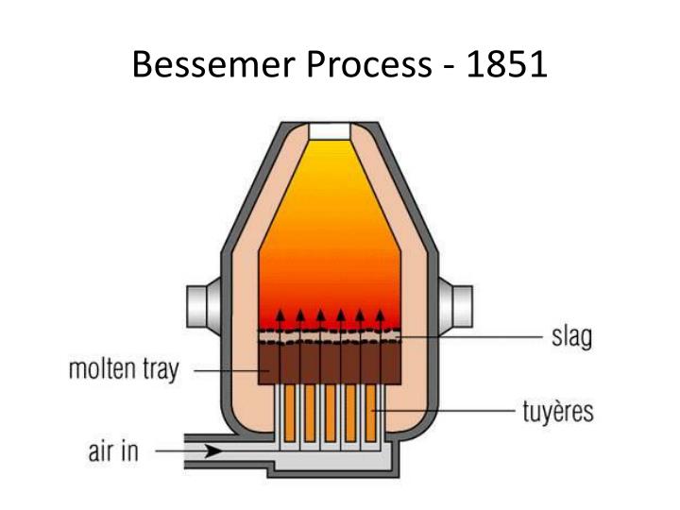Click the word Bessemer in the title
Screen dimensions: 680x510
[213, 64]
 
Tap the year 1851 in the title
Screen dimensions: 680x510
[507, 64]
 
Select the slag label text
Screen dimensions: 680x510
[571, 336]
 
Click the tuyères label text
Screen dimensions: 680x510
[558, 411]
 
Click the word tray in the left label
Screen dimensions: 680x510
[161, 370]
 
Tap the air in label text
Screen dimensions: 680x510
[113, 450]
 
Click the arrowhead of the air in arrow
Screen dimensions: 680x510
[213, 451]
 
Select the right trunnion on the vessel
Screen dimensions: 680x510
[455, 306]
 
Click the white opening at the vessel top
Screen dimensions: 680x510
[330, 131]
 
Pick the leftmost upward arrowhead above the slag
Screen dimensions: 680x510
[280, 314]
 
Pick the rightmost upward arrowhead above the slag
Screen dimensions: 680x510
[381, 314]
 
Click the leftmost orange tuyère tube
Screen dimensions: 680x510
[289, 413]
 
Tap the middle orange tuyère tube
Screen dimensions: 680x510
[330, 413]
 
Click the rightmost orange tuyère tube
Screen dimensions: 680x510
[371, 413]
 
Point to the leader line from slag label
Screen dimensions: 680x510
[469, 336]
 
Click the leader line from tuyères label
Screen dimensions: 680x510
[443, 410]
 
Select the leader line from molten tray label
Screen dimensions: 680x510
[231, 370]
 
